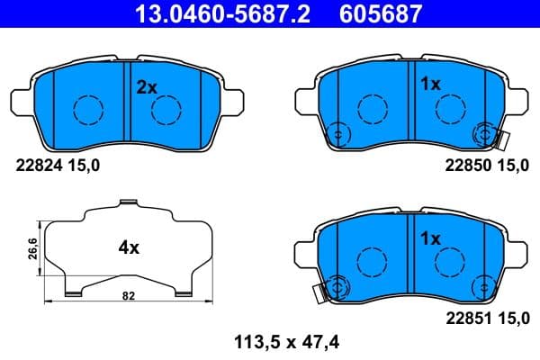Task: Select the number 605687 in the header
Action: pyautogui.click(x=377, y=14)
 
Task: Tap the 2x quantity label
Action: pyautogui.click(x=147, y=87)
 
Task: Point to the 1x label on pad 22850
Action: pyautogui.click(x=429, y=85)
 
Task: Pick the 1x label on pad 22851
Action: pyautogui.click(x=429, y=238)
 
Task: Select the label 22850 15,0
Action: pyautogui.click(x=481, y=164)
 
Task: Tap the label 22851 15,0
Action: pyautogui.click(x=481, y=316)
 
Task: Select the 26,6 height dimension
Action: pyautogui.click(x=31, y=248)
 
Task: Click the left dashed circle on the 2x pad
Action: pyautogui.click(x=88, y=110)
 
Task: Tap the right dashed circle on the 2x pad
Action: pyautogui.click(x=167, y=110)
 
